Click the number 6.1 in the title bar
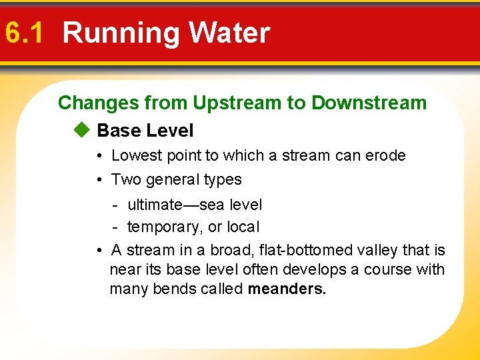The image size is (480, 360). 23,33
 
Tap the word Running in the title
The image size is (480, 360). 121,33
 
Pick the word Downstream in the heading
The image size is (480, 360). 369,103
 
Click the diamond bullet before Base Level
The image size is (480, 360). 81,130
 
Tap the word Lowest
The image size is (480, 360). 137,155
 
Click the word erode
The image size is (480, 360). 385,155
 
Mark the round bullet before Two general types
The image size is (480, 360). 97,180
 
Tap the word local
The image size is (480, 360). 243,227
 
